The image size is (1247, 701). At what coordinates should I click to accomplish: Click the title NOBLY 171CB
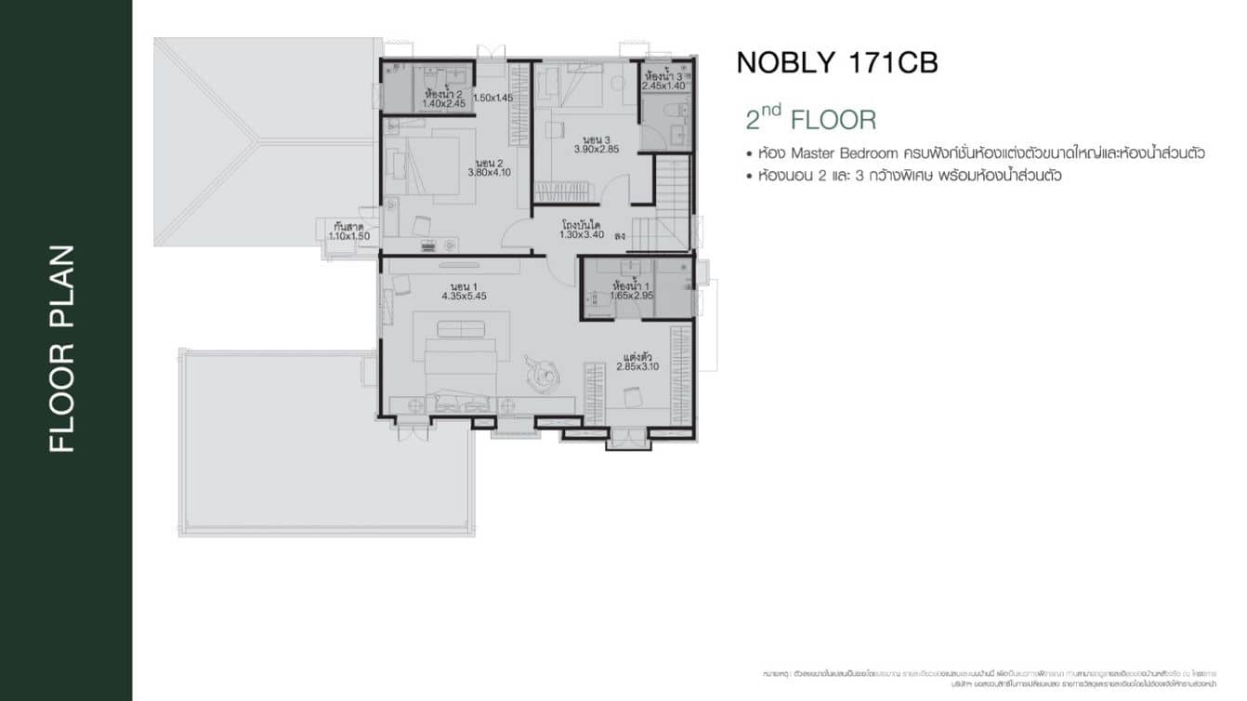pos(836,62)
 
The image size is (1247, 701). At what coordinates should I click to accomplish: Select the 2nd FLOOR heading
pos(810,120)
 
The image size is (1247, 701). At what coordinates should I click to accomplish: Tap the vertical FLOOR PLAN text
pos(61,349)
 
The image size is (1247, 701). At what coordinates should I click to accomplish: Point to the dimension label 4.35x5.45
pos(464,296)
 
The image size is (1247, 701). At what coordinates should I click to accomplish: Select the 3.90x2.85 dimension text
pos(596,149)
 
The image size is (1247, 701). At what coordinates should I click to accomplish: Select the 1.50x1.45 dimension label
pos(492,98)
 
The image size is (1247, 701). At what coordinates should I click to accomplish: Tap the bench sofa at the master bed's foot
pos(461,329)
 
